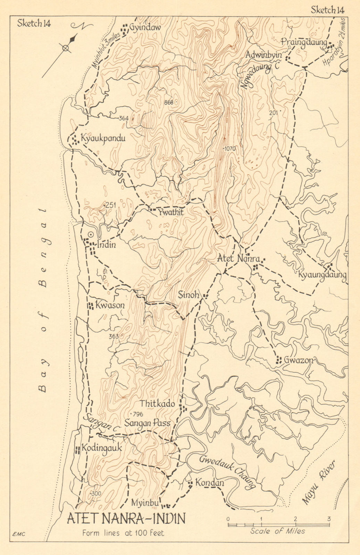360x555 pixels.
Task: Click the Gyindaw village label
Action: pyautogui.click(x=145, y=27)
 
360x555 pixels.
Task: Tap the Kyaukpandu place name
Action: pyautogui.click(x=103, y=138)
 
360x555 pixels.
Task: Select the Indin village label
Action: pyautogui.click(x=106, y=245)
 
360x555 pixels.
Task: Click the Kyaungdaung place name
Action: pyautogui.click(x=322, y=275)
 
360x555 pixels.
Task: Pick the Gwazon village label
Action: pyautogui.click(x=298, y=360)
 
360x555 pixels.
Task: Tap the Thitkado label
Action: pyautogui.click(x=157, y=404)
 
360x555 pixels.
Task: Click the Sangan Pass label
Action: pyautogui.click(x=148, y=423)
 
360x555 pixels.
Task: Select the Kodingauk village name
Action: pyautogui.click(x=101, y=448)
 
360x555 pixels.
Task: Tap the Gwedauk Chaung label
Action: pyautogui.click(x=227, y=471)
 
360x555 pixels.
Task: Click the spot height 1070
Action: pyautogui.click(x=230, y=148)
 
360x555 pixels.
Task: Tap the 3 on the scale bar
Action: pyautogui.click(x=328, y=519)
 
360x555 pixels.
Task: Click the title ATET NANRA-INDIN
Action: pyautogui.click(x=126, y=519)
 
